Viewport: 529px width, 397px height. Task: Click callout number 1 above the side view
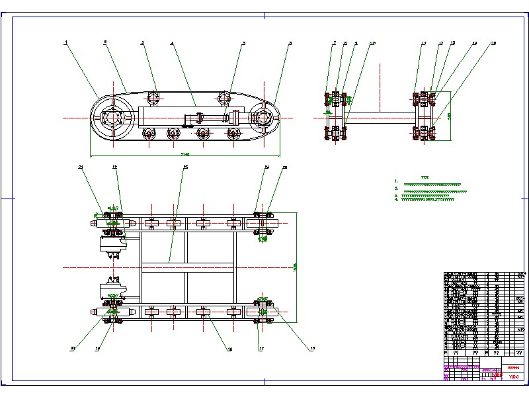(x=66, y=42)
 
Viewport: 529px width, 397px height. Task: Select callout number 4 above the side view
(x=172, y=44)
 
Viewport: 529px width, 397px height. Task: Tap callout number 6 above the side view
(x=290, y=44)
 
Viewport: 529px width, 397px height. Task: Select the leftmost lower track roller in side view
(x=148, y=134)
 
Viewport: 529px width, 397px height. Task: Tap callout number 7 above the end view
(x=335, y=43)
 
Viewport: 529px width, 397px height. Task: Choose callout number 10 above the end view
(x=372, y=44)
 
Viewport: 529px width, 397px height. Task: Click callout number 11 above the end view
(x=423, y=44)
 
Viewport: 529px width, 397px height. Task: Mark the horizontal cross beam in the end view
(x=380, y=118)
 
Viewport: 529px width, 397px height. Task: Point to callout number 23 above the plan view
(x=185, y=167)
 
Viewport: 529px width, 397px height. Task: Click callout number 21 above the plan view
(x=81, y=167)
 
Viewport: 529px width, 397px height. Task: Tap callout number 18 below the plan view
(x=230, y=349)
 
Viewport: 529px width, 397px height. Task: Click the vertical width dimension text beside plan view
(x=295, y=266)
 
